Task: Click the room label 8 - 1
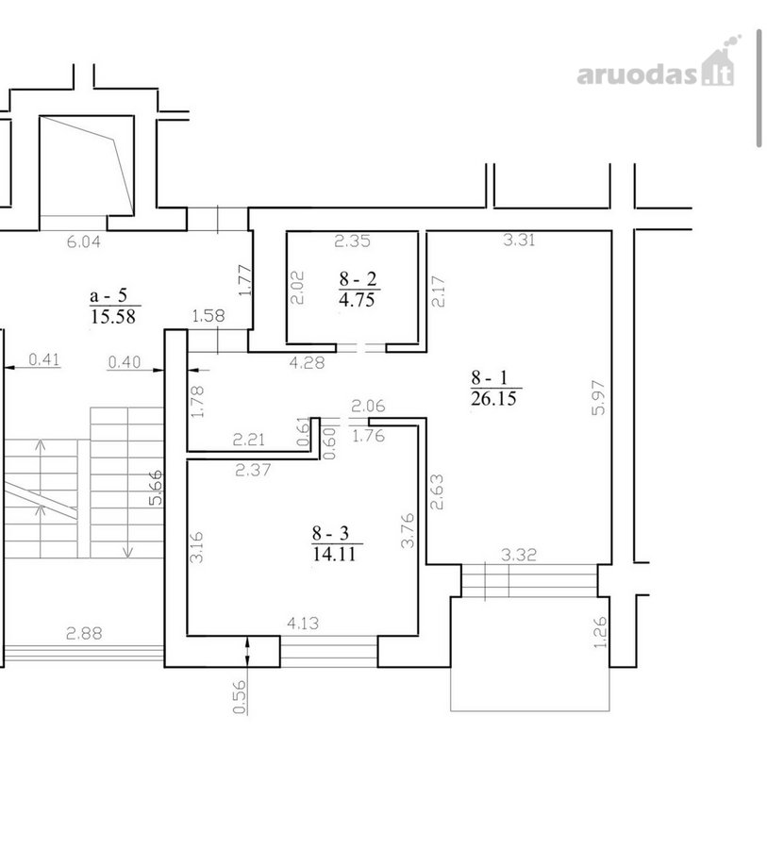point(490,377)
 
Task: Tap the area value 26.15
point(494,399)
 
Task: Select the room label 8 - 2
point(358,279)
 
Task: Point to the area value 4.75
point(357,300)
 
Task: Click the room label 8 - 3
point(330,533)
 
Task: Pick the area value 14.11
point(334,554)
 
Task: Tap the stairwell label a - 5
point(108,295)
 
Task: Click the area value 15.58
point(113,316)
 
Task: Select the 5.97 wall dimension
point(598,397)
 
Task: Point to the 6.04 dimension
point(84,241)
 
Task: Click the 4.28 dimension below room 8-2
point(308,362)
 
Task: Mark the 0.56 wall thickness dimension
point(240,697)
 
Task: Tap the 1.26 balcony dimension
point(601,632)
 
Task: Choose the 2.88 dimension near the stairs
point(84,633)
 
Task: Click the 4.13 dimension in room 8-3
point(303,624)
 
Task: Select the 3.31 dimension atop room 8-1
point(520,240)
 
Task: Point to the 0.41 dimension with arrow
point(44,359)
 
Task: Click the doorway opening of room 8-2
point(361,348)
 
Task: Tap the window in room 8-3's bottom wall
point(329,651)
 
